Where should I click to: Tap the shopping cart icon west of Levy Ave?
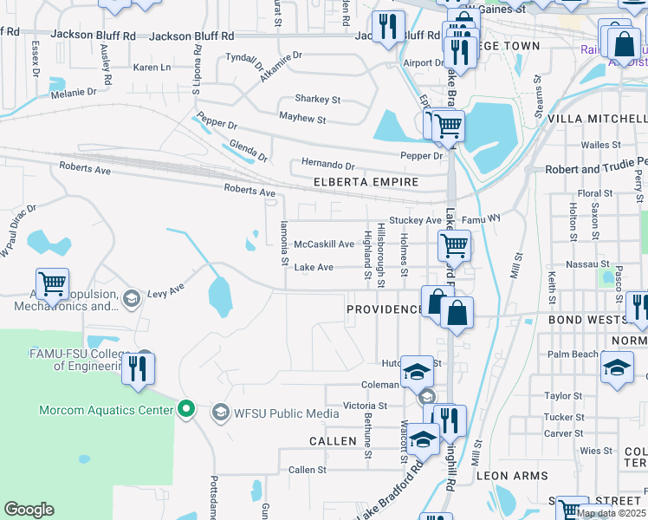[53, 283]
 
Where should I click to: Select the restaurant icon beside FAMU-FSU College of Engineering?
[138, 369]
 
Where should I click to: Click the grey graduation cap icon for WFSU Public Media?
[221, 413]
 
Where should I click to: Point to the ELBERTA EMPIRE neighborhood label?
[366, 182]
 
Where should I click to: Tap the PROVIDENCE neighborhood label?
[383, 309]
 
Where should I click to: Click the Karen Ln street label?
[152, 68]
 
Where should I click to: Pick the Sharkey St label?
[317, 100]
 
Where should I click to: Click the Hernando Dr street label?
[327, 165]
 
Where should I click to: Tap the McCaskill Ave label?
[324, 245]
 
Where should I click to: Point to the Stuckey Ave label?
[415, 221]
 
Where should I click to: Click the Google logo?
[29, 510]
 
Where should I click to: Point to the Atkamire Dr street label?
[280, 67]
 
